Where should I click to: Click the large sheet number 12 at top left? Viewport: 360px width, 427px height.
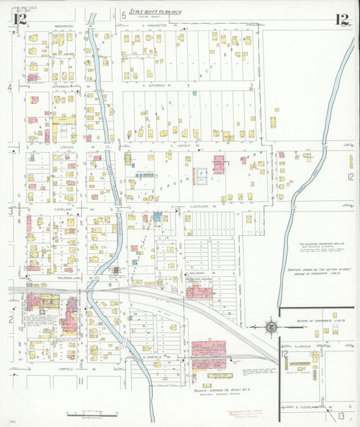[x=19, y=20]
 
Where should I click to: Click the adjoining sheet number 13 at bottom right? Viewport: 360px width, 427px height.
[x=342, y=416]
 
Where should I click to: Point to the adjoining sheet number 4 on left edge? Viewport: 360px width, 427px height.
[x=9, y=88]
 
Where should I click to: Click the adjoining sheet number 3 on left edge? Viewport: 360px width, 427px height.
[x=9, y=211]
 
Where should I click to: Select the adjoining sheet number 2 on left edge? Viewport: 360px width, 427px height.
[x=10, y=318]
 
